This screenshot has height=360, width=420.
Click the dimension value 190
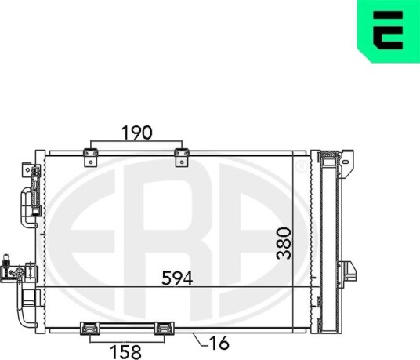(x=137, y=133)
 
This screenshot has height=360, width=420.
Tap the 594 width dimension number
(x=177, y=278)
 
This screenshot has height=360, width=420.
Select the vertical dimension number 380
(x=284, y=243)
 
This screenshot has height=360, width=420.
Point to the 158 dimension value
(x=126, y=352)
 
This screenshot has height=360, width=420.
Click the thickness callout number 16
(x=219, y=342)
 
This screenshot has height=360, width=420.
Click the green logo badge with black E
(x=389, y=31)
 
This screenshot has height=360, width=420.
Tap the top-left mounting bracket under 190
(x=91, y=158)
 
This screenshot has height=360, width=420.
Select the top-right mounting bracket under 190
(x=182, y=158)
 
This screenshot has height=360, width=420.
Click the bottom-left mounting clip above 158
(x=90, y=329)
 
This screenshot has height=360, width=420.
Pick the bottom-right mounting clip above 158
(x=165, y=329)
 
